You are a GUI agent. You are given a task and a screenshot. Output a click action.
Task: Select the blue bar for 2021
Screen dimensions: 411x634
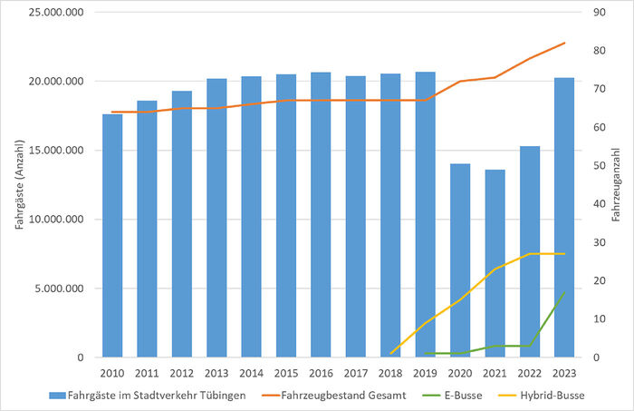pyautogui.click(x=495, y=263)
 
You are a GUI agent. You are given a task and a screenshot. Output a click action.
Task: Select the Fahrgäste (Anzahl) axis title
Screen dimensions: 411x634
pyautogui.click(x=17, y=185)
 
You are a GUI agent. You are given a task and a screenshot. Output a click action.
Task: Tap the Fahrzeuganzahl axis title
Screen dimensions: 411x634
pyautogui.click(x=617, y=185)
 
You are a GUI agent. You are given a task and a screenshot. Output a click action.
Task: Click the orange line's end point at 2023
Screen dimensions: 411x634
pyautogui.click(x=564, y=43)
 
